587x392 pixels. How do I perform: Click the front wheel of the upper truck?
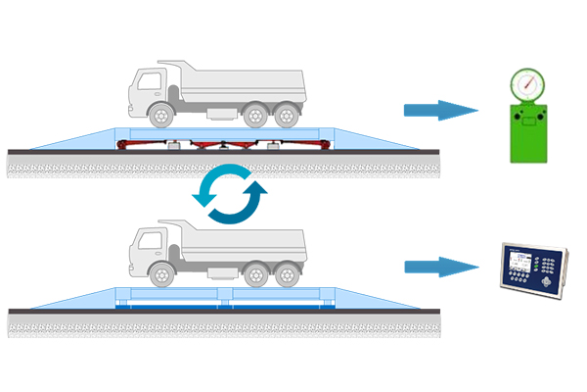click(x=158, y=114)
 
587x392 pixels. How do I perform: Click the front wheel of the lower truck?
click(x=158, y=275)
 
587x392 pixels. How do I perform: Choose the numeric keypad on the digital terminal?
click(x=552, y=265)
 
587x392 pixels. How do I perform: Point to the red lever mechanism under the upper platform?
click(x=225, y=144)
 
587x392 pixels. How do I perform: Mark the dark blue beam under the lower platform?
click(x=225, y=305)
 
